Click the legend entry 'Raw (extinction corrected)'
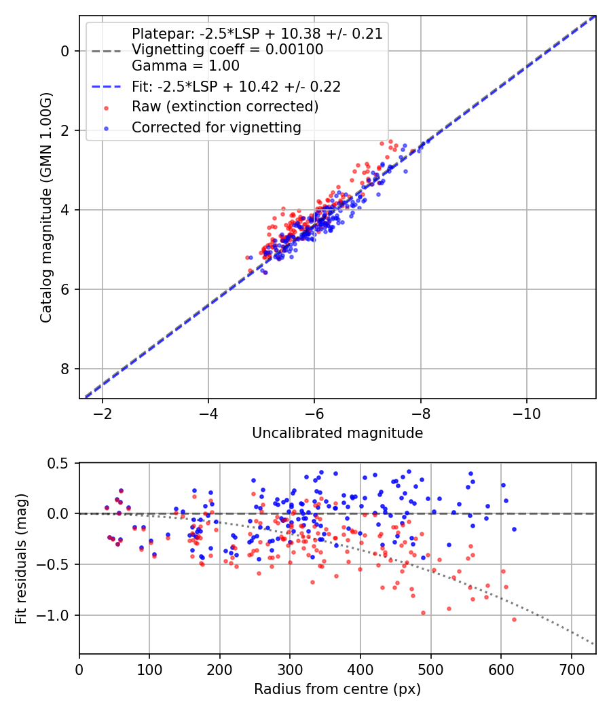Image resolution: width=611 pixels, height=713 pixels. pyautogui.click(x=225, y=107)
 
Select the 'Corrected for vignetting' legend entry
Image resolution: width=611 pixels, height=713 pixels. pyautogui.click(x=216, y=127)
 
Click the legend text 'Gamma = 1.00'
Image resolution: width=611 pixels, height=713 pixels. pyautogui.click(x=185, y=66)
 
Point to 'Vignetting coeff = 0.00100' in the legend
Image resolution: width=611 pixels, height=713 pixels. pyautogui.click(x=227, y=50)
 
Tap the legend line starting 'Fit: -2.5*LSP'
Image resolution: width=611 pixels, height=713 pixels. pyautogui.click(x=236, y=86)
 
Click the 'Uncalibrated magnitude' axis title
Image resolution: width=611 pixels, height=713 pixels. pyautogui.click(x=337, y=433)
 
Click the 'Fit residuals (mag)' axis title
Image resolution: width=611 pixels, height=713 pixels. pyautogui.click(x=21, y=558)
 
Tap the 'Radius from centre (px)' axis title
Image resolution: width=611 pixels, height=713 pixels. pyautogui.click(x=337, y=689)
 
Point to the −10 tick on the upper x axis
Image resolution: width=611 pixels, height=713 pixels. pyautogui.click(x=526, y=414)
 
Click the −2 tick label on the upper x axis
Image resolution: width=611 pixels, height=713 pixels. pyautogui.click(x=103, y=414)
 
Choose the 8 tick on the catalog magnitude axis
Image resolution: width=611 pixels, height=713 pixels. pyautogui.click(x=64, y=369)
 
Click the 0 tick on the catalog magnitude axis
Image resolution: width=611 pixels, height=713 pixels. pyautogui.click(x=64, y=51)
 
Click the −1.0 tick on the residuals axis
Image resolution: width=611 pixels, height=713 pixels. pyautogui.click(x=57, y=615)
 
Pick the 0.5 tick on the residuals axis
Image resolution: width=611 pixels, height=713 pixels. pyautogui.click(x=60, y=463)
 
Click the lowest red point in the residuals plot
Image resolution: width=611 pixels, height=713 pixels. pyautogui.click(x=514, y=619)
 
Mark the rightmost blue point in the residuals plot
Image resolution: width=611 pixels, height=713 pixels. pyautogui.click(x=514, y=529)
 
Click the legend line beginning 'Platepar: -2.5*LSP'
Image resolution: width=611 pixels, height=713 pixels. pyautogui.click(x=257, y=33)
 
